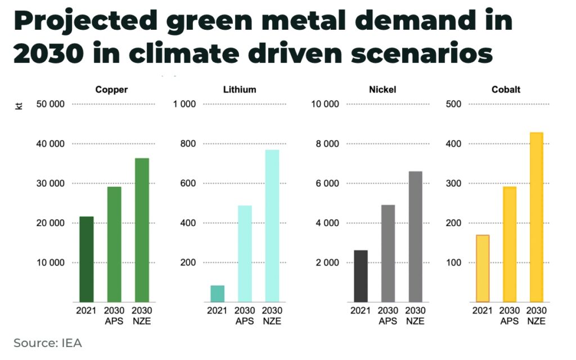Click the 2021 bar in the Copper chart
click(x=86, y=259)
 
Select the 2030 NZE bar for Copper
click(x=142, y=230)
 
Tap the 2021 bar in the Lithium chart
click(x=218, y=294)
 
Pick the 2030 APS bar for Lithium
click(x=245, y=254)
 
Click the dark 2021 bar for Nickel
click(x=361, y=276)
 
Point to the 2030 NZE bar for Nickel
click(x=416, y=237)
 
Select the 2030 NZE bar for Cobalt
click(x=536, y=217)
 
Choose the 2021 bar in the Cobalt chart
click(x=483, y=268)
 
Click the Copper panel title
click(x=111, y=89)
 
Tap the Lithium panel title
click(x=240, y=89)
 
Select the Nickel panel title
click(x=382, y=89)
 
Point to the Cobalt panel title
click(x=506, y=89)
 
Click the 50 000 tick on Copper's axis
click(x=50, y=104)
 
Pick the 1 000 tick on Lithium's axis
click(x=184, y=104)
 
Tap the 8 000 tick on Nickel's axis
click(x=327, y=143)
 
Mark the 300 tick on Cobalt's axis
click(x=453, y=183)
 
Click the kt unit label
click(x=19, y=106)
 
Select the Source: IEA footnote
click(x=48, y=343)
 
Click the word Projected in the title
click(x=85, y=21)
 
